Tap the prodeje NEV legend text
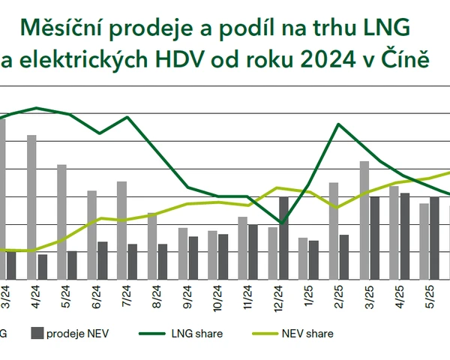pos(78,334)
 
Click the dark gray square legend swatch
pos(36,334)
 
